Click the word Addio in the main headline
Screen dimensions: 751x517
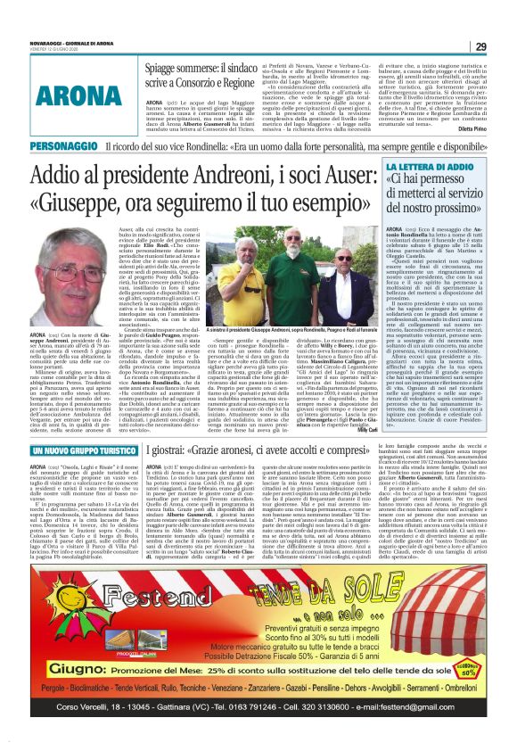click(62, 174)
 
